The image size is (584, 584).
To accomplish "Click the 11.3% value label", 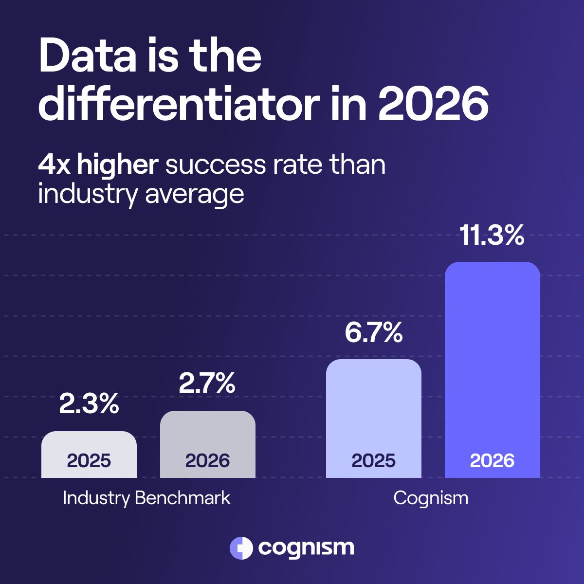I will (492, 236).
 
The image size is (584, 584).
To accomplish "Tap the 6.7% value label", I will (373, 333).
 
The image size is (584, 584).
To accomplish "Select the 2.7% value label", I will (207, 383).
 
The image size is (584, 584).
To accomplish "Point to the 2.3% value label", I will (89, 404).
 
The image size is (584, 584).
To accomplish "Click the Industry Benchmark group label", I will (146, 498).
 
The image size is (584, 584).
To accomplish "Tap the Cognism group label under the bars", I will (431, 498).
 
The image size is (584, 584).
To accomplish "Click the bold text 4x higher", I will (98, 165).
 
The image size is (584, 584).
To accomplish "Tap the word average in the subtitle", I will (194, 194).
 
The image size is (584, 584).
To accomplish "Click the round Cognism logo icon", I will (241, 548).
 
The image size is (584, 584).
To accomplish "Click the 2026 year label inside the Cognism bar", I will (492, 460).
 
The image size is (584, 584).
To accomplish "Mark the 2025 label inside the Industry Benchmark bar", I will (89, 460).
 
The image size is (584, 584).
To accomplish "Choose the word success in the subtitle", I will (216, 165).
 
